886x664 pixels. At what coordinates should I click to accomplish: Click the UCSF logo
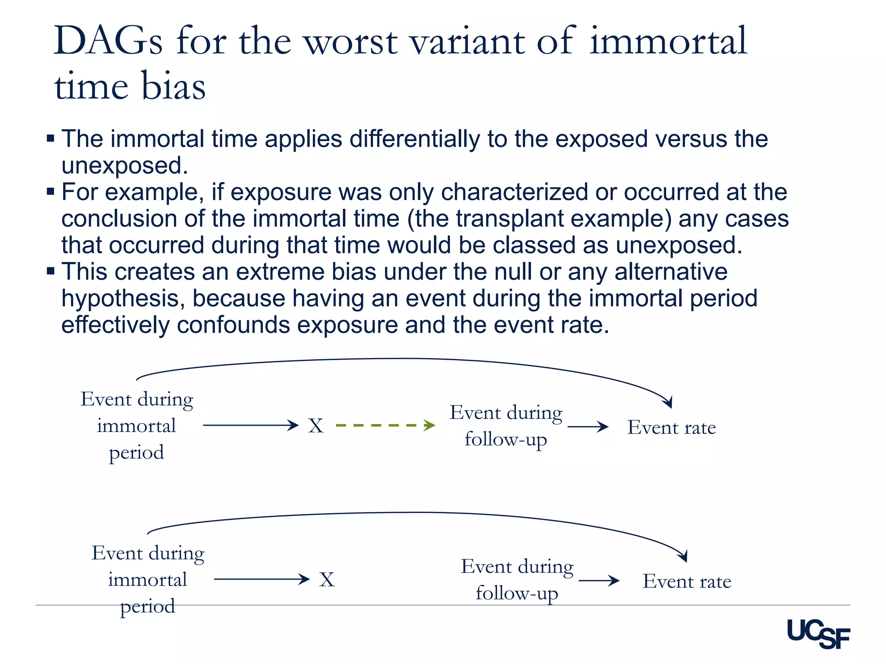[818, 634]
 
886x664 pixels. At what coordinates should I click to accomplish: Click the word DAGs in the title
[108, 41]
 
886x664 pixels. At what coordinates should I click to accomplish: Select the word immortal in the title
[668, 41]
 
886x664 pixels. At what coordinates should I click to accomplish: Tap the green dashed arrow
[385, 425]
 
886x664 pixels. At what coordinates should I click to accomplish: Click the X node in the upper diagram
[316, 426]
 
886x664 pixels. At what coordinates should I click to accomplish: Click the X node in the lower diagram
[327, 580]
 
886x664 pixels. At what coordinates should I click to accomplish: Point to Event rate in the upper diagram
[671, 428]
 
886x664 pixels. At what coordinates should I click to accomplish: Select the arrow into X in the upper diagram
[251, 425]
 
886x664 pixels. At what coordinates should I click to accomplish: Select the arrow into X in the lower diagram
[262, 579]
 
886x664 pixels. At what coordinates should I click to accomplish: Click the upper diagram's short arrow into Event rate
[588, 427]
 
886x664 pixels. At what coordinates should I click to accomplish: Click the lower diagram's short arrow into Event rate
[599, 581]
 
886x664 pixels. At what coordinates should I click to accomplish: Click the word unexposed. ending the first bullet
[125, 166]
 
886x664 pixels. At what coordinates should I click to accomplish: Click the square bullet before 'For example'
[51, 191]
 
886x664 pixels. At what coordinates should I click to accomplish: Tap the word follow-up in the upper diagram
[506, 440]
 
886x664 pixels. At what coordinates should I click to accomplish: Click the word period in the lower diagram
[148, 607]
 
